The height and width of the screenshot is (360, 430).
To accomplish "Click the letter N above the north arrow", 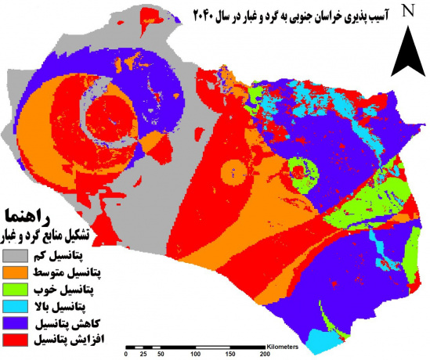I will click(407, 10).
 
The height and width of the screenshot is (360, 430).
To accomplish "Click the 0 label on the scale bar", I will click(126, 354).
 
